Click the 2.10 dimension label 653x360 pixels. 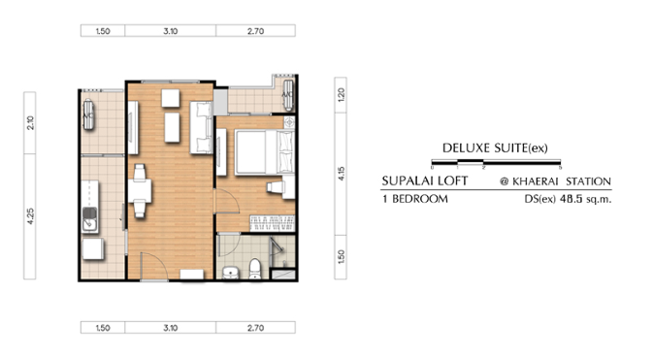[x=30, y=122]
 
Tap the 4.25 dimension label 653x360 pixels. [x=30, y=216]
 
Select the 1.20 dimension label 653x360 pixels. [x=342, y=95]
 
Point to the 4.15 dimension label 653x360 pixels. [x=342, y=174]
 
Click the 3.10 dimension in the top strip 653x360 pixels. [x=171, y=31]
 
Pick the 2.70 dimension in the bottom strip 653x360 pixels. [x=255, y=328]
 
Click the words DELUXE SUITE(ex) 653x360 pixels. [x=495, y=147]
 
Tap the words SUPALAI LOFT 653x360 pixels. [x=425, y=180]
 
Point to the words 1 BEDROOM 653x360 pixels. [x=415, y=199]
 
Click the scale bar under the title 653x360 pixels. [x=496, y=162]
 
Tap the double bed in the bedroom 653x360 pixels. [x=265, y=152]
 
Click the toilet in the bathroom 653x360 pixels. [x=254, y=269]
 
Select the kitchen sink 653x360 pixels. [x=89, y=219]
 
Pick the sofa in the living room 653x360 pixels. [x=201, y=127]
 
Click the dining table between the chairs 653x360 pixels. [x=140, y=191]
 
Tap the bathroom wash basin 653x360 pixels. [x=230, y=272]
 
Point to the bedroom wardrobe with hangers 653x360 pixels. [x=273, y=223]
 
